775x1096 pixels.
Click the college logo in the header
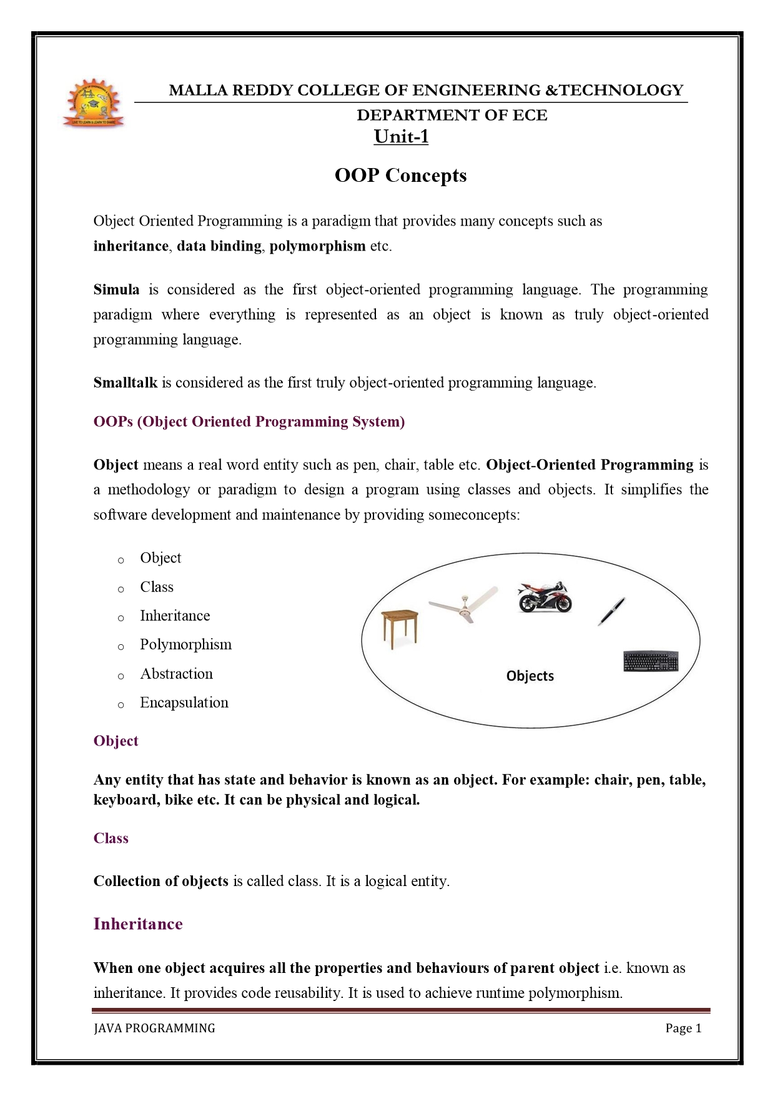(94, 102)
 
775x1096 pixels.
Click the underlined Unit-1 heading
(401, 136)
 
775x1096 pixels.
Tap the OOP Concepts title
(400, 175)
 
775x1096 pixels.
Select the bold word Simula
(116, 289)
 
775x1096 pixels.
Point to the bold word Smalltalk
(126, 382)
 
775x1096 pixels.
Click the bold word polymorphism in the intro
(317, 246)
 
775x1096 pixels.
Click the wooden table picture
(400, 629)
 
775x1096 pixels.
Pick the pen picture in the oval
(611, 610)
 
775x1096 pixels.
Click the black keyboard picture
(651, 661)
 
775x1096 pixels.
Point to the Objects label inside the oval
(530, 676)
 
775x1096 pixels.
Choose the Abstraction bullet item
(176, 674)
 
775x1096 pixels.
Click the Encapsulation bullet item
(184, 702)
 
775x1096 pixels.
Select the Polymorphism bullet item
(185, 644)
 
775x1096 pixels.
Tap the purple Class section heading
(111, 838)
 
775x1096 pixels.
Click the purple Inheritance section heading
(138, 924)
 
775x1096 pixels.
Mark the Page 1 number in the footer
(683, 1028)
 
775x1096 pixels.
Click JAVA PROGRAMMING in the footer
(154, 1028)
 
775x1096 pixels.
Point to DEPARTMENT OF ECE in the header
(452, 115)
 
